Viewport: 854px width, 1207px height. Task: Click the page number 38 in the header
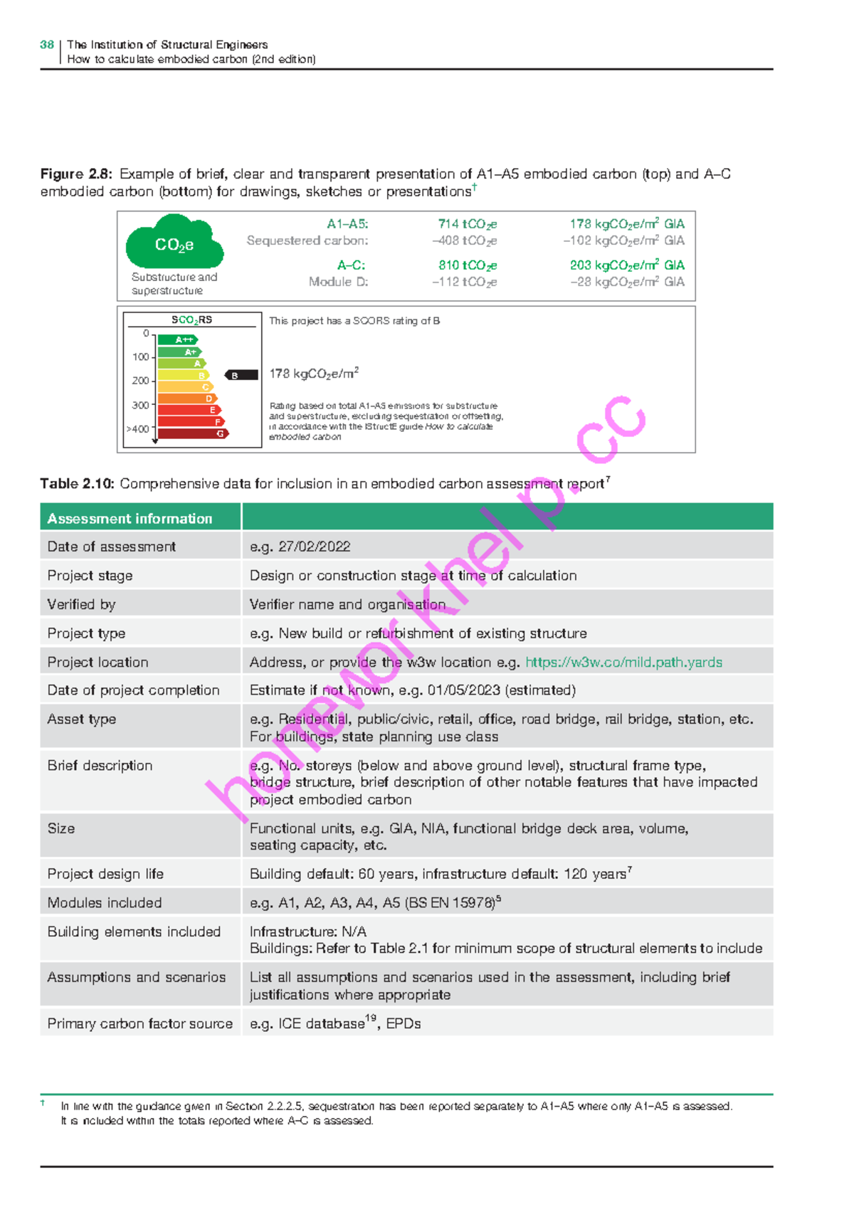click(47, 45)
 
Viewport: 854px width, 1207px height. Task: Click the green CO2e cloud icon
click(174, 243)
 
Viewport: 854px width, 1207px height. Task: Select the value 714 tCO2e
click(467, 224)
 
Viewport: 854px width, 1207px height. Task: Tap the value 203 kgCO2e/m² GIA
click(626, 265)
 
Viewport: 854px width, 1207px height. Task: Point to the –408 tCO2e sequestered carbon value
click(464, 241)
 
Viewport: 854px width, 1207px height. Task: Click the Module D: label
click(338, 282)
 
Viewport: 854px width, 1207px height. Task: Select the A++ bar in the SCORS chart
click(176, 339)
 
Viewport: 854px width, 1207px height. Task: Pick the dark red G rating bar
click(192, 433)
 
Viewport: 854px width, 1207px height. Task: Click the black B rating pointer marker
click(241, 375)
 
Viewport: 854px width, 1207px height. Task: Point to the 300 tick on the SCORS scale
click(141, 405)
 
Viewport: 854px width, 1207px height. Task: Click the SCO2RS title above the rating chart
click(191, 320)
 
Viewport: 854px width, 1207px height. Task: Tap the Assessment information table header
click(130, 519)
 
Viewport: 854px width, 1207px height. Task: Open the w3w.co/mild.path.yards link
click(623, 663)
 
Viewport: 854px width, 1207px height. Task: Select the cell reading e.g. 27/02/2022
click(300, 547)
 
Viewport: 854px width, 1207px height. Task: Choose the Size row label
click(61, 828)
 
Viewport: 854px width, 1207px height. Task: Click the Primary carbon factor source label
click(139, 1023)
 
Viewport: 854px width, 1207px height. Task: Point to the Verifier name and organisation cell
click(347, 604)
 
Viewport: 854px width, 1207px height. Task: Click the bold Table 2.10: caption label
click(77, 484)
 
